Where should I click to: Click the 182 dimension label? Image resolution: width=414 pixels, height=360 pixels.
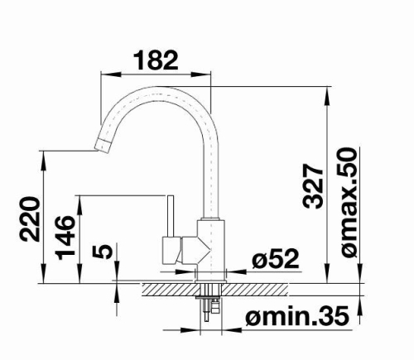point(156,60)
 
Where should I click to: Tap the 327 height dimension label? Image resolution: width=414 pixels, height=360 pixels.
point(313,186)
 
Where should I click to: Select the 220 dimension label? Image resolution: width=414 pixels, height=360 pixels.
point(29,218)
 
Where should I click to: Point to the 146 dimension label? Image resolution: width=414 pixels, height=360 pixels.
point(65,238)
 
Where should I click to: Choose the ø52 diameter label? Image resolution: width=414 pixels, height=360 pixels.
point(276,258)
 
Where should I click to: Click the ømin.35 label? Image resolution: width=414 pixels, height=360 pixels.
point(297,316)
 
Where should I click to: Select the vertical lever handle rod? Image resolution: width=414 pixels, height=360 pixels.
point(171,216)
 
